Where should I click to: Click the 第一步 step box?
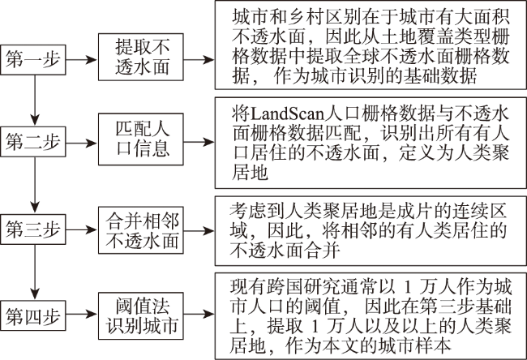[x=33, y=59]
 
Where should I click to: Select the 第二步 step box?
[x=33, y=142]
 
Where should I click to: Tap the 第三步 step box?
[x=33, y=229]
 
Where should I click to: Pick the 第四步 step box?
[x=33, y=315]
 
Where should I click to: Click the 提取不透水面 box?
[x=141, y=57]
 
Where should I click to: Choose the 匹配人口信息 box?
[x=141, y=139]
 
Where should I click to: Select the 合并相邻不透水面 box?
[x=141, y=230]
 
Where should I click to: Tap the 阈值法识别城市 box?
[x=141, y=315]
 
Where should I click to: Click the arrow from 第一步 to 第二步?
[x=35, y=101]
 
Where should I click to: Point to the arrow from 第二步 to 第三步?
[x=35, y=185]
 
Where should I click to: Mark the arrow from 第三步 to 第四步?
[x=35, y=272]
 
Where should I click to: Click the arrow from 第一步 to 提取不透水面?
[x=81, y=60]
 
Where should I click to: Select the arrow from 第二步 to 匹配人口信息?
[x=81, y=143]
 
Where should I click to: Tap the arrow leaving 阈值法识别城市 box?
[x=199, y=315]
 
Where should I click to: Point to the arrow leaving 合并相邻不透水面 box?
[x=199, y=230]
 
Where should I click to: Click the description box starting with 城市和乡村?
[x=371, y=45]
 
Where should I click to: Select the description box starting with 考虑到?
[x=371, y=231]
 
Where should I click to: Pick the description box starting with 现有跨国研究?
[x=371, y=316]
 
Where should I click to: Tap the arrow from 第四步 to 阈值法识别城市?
[x=81, y=315]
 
